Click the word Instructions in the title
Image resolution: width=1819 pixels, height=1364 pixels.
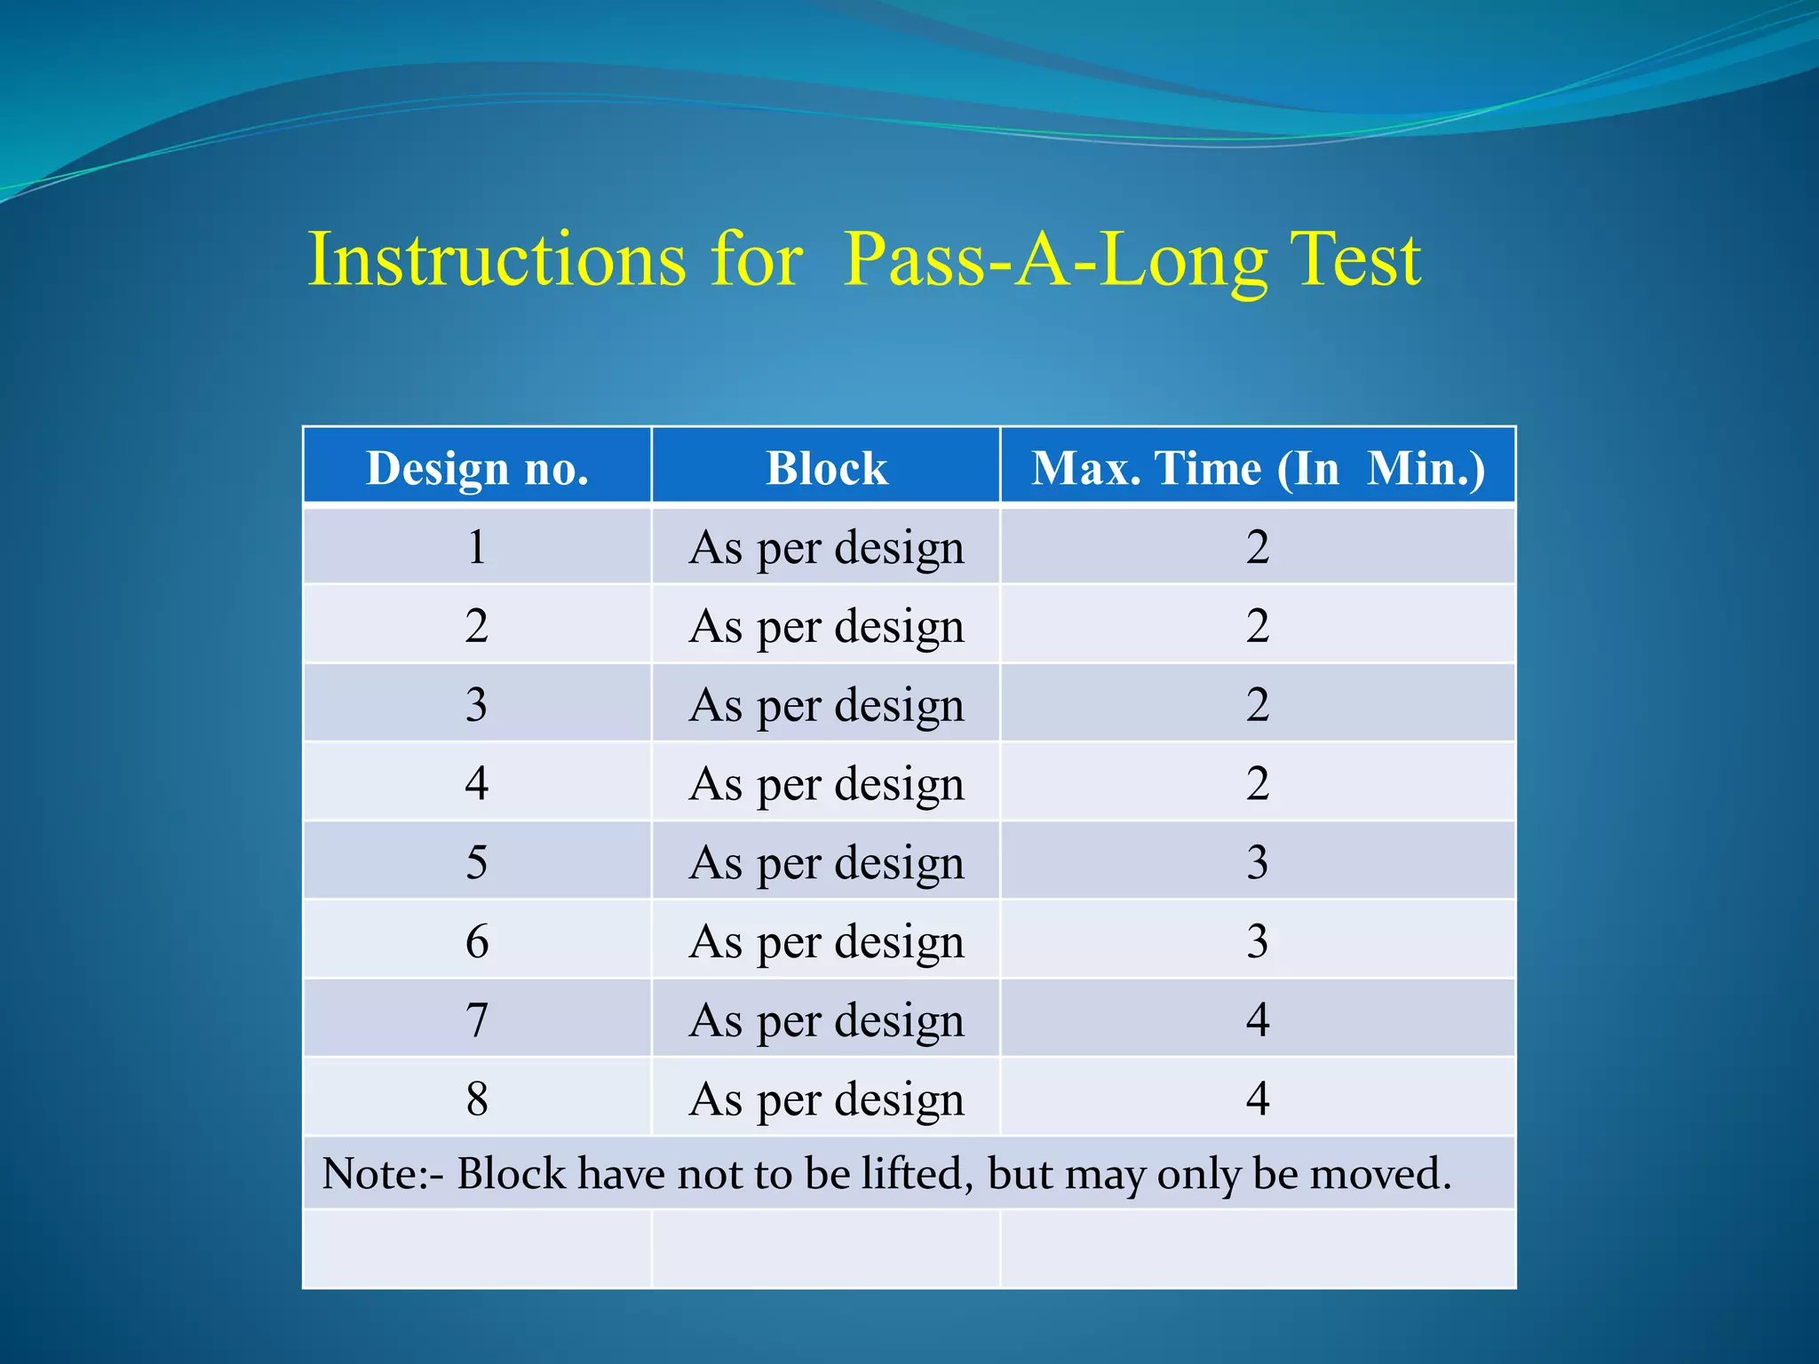[496, 259]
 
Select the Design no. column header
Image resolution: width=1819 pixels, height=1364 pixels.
[477, 468]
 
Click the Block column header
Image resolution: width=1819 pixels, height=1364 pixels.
[826, 468]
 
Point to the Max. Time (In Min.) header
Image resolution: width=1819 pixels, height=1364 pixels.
[1257, 468]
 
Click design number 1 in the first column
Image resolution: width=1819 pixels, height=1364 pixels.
[477, 546]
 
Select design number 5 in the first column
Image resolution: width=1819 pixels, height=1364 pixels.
[477, 861]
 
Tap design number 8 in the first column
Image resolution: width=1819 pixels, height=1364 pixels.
[477, 1098]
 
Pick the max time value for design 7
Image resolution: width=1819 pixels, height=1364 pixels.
[1257, 1019]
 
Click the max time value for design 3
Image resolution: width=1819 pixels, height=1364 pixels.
[1257, 704]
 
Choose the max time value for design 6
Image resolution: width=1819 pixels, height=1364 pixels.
[1257, 940]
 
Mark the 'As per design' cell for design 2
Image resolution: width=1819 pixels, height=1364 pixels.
[826, 626]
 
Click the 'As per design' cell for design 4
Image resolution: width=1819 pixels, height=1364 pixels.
[826, 784]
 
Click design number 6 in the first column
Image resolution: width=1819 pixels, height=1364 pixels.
[477, 940]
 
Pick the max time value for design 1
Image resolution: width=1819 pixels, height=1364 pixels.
[1257, 546]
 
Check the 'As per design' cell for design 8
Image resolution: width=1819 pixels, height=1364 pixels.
[826, 1099]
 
